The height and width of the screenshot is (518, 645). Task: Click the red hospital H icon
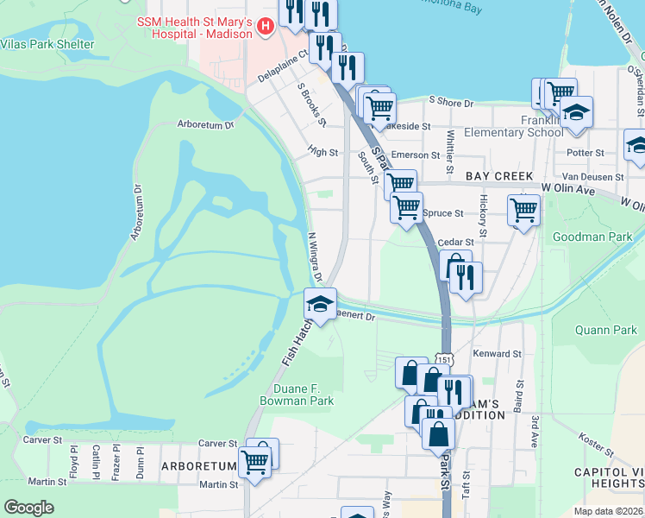click(266, 28)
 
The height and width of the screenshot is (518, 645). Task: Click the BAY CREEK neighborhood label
click(499, 176)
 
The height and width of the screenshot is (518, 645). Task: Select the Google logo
click(28, 507)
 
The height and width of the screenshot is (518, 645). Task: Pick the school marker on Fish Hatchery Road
click(320, 305)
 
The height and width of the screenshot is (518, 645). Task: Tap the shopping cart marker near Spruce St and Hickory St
click(523, 210)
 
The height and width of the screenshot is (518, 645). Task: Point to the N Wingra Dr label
click(315, 256)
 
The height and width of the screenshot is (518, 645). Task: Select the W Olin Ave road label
click(568, 186)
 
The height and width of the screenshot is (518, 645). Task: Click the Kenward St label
click(498, 354)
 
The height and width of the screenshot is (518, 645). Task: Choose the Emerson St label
click(416, 155)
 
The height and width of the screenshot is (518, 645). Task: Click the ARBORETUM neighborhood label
click(197, 466)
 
